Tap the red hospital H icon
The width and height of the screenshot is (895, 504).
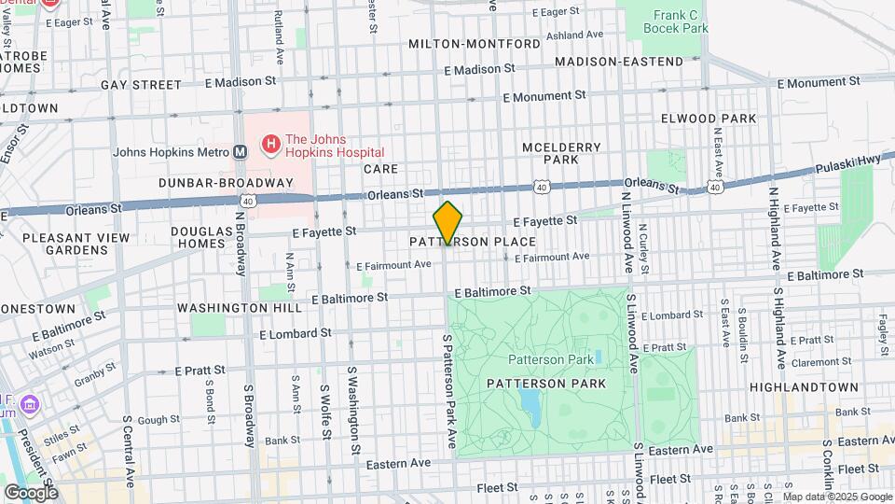click(x=271, y=145)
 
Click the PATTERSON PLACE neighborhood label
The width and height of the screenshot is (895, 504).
click(x=473, y=242)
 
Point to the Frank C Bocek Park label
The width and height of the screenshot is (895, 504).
click(x=675, y=21)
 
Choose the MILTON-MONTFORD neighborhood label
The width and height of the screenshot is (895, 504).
click(x=474, y=44)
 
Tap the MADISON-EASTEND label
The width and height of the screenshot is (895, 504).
click(x=619, y=62)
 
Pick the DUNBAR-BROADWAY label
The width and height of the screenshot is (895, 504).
click(x=226, y=183)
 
